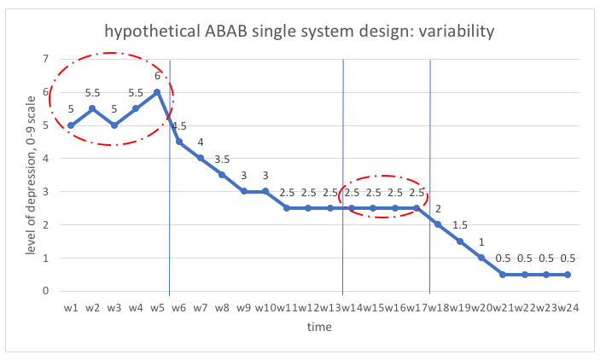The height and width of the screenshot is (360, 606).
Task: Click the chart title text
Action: tap(299, 32)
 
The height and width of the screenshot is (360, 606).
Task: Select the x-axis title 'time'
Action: tap(319, 327)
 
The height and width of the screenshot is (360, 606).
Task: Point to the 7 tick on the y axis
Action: tap(45, 60)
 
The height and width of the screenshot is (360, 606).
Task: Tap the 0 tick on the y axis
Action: tap(45, 291)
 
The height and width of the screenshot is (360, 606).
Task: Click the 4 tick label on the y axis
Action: tap(45, 159)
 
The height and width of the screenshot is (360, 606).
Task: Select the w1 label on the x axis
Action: tap(71, 306)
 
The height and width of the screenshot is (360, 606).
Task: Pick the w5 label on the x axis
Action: tap(157, 306)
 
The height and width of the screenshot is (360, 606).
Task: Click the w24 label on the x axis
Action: tap(567, 306)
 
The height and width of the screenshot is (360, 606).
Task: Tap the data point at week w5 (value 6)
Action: tap(157, 93)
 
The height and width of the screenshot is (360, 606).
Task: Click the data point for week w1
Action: tap(71, 125)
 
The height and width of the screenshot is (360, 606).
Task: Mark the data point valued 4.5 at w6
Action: tap(179, 142)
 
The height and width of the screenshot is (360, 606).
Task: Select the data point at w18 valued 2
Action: tap(438, 224)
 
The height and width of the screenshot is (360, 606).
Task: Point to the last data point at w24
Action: tap(568, 274)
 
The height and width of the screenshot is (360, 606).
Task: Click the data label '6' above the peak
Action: tap(157, 77)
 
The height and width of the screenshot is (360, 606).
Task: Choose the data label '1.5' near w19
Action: tap(459, 224)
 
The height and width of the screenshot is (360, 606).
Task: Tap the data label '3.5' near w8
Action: tap(222, 159)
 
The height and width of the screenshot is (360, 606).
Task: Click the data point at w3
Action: tap(114, 125)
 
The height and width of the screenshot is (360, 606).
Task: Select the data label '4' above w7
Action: tap(201, 142)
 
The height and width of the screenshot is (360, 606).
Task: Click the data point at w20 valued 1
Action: tap(481, 258)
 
